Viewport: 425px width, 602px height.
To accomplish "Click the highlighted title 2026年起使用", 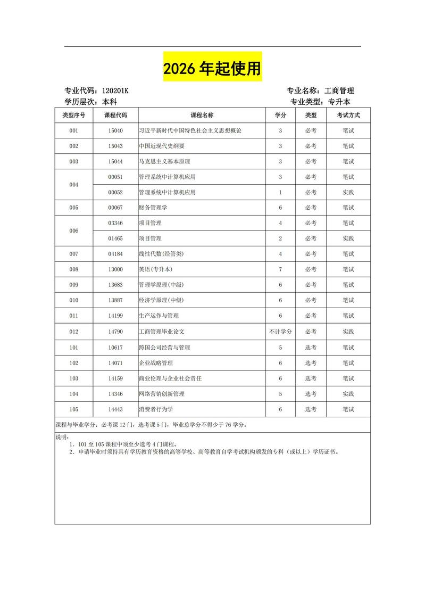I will pyautogui.click(x=212, y=68).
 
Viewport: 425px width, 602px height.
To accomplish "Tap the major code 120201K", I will pyautogui.click(x=111, y=91).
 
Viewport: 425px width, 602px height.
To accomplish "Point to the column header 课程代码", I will pyautogui.click(x=115, y=115).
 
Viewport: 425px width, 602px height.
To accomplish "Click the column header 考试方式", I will pyautogui.click(x=348, y=115).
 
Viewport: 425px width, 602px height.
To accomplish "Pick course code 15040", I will pyautogui.click(x=115, y=130).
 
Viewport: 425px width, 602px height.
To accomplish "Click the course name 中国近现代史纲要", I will pyautogui.click(x=162, y=146).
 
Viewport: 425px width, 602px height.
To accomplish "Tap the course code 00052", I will pyautogui.click(x=115, y=192).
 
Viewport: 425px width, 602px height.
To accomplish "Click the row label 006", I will pyautogui.click(x=73, y=230).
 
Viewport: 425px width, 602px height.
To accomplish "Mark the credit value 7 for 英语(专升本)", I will pyautogui.click(x=280, y=269).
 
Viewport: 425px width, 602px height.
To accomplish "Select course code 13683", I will pyautogui.click(x=115, y=285).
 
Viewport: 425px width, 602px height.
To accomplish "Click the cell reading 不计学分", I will pyautogui.click(x=280, y=332).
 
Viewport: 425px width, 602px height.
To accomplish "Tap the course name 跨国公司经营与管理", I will pyautogui.click(x=164, y=347).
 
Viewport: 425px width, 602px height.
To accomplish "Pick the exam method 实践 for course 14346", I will pyautogui.click(x=348, y=394).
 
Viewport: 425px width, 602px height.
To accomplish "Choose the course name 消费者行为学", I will pyautogui.click(x=156, y=409).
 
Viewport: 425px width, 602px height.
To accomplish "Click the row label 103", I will pyautogui.click(x=73, y=378).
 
